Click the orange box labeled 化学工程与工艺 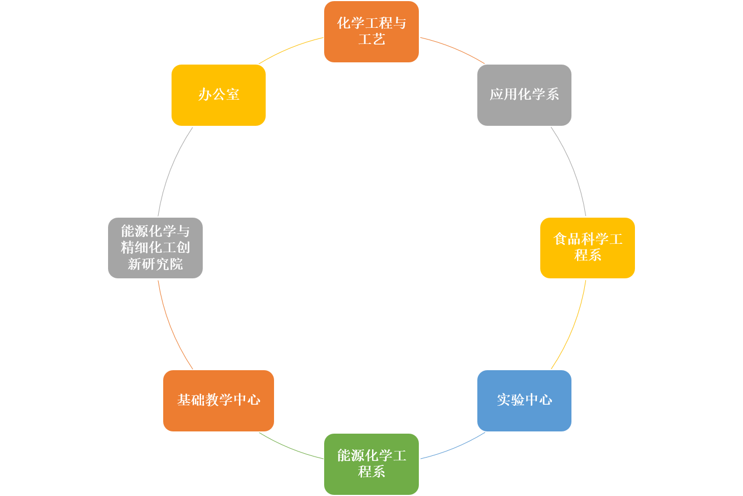(x=372, y=31)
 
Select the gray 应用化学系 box (x=524, y=95)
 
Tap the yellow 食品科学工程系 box (x=588, y=248)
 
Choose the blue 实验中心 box (x=524, y=400)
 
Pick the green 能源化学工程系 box (x=372, y=464)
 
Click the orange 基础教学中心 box (x=218, y=400)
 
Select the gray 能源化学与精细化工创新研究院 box (x=155, y=248)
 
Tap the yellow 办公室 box (x=218, y=95)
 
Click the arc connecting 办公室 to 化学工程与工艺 (x=290, y=48)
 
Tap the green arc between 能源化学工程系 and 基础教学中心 (x=290, y=448)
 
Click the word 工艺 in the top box (x=372, y=39)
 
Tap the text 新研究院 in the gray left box (x=155, y=264)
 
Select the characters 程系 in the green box (x=372, y=472)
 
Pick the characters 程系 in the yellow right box (x=588, y=256)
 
